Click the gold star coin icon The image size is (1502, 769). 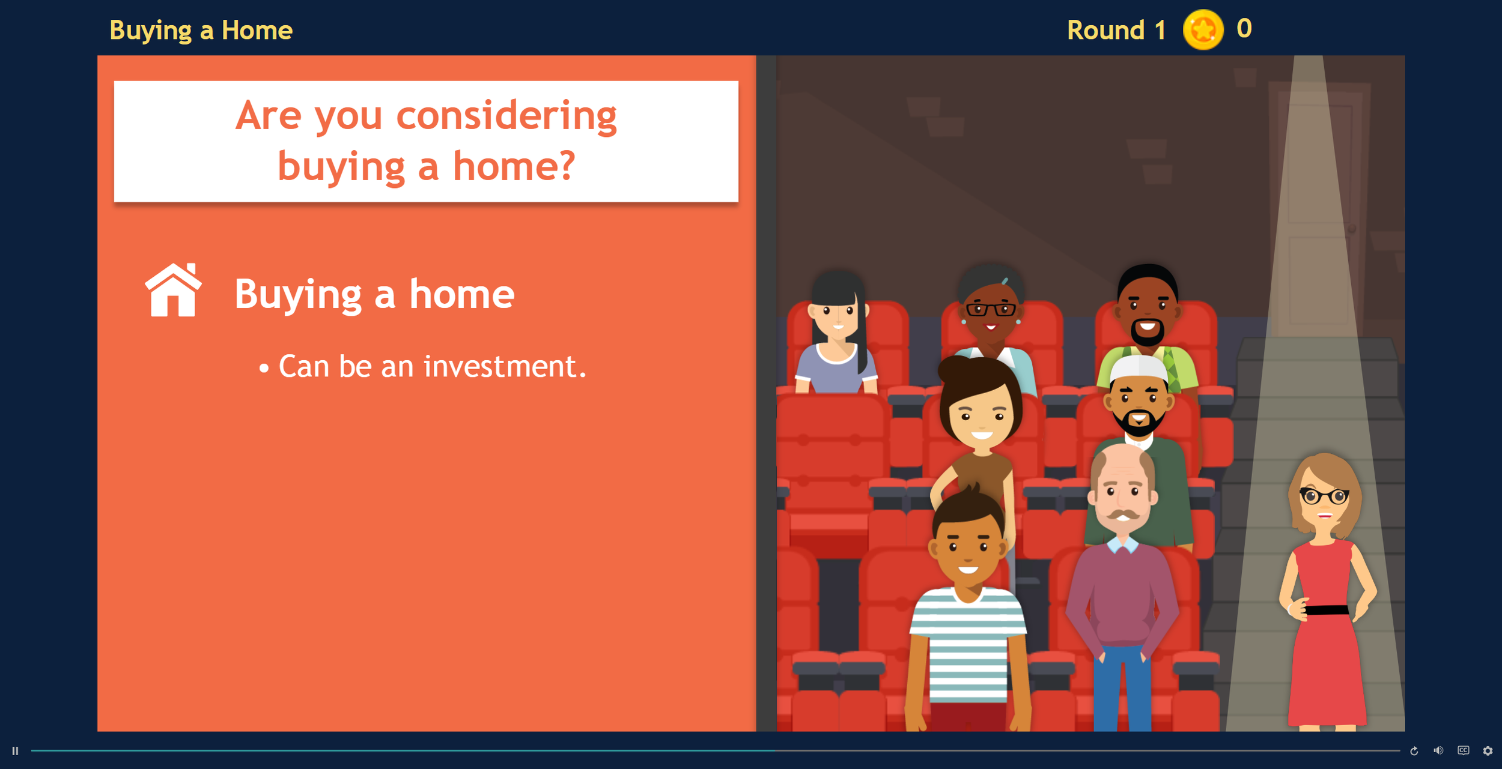(x=1203, y=29)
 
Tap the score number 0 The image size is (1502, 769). (x=1244, y=29)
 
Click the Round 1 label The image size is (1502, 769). (x=1116, y=30)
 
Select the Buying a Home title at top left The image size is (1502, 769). (x=201, y=30)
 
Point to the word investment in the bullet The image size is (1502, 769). (x=505, y=366)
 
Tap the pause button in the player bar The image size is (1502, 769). (x=16, y=751)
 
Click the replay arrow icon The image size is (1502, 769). (x=1414, y=751)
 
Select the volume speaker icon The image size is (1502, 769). (x=1438, y=751)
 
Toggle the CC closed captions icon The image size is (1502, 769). (x=1464, y=750)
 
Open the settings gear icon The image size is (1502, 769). (x=1488, y=751)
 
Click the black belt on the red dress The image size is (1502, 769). (x=1327, y=610)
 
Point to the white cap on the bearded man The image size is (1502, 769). (x=1138, y=367)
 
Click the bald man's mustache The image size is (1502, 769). (x=1123, y=514)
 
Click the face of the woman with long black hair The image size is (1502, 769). (x=838, y=316)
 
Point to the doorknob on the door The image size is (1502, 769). (x=1352, y=229)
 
